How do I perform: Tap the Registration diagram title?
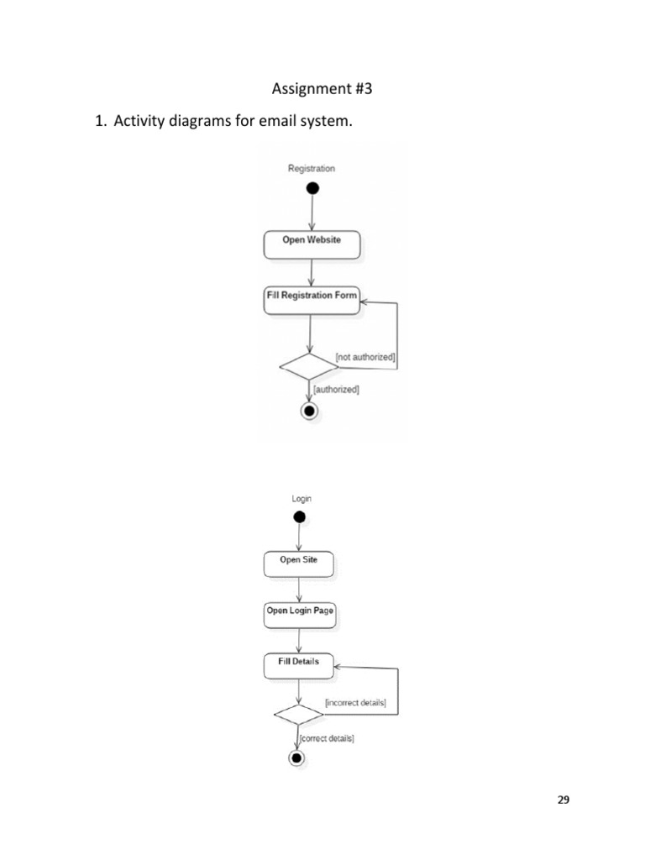(x=312, y=169)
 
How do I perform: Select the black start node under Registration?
(x=312, y=188)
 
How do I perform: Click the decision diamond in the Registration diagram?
(x=307, y=366)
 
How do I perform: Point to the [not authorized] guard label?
(x=365, y=358)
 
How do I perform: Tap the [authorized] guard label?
(x=336, y=390)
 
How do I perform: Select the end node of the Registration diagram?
(x=309, y=411)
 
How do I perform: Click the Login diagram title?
(x=302, y=499)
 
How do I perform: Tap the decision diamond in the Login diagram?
(x=298, y=714)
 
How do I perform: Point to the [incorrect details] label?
(x=355, y=702)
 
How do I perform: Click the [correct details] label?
(x=327, y=738)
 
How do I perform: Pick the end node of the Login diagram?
(x=296, y=758)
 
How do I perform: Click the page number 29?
(x=564, y=800)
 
